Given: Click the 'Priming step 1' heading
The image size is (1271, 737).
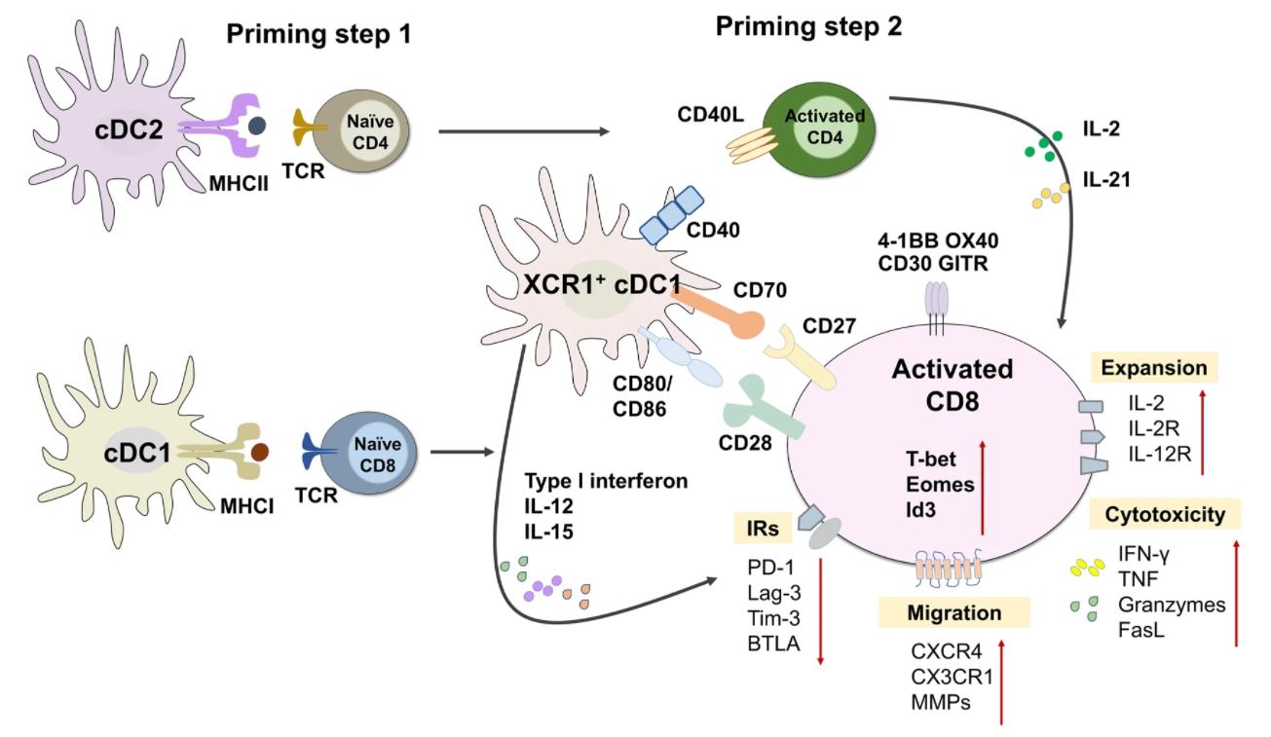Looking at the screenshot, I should point(318,34).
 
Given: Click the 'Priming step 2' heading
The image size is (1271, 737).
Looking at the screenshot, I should point(808,27).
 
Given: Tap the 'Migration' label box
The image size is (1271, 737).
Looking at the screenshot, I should point(953,612).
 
